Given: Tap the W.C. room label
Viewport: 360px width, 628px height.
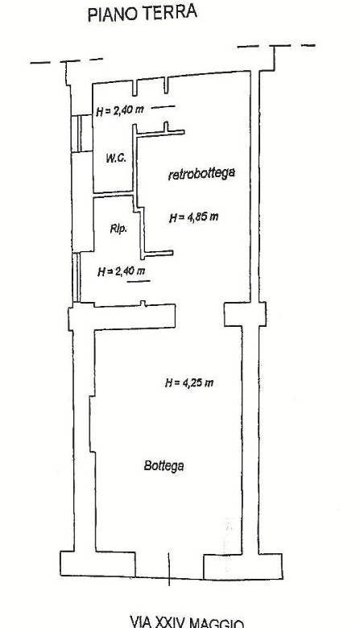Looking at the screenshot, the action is (x=116, y=158).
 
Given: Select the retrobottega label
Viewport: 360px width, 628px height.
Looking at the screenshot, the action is (x=201, y=174).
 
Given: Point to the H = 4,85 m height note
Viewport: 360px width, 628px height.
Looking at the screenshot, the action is (x=194, y=217).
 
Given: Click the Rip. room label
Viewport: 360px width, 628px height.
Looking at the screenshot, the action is (x=118, y=229).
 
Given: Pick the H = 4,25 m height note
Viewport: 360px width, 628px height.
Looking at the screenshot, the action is (x=189, y=383).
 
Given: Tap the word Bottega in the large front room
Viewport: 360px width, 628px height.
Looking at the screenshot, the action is (x=163, y=466).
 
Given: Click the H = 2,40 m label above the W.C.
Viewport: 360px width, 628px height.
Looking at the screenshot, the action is (x=120, y=110).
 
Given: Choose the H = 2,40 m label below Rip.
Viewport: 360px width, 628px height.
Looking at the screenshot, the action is (x=122, y=271).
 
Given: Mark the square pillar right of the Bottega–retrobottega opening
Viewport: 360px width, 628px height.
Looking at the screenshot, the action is (x=245, y=314).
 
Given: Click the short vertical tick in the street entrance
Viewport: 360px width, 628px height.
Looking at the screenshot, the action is (x=168, y=569).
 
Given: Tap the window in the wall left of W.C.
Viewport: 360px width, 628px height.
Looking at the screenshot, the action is (x=81, y=134).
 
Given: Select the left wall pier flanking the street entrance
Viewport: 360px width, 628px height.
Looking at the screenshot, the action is (x=97, y=564).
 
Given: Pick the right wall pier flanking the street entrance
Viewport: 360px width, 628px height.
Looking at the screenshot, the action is (x=243, y=567).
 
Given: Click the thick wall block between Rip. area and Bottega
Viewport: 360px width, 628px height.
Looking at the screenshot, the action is (x=122, y=316).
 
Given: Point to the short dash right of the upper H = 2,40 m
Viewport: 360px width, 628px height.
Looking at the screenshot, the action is (x=163, y=106).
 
